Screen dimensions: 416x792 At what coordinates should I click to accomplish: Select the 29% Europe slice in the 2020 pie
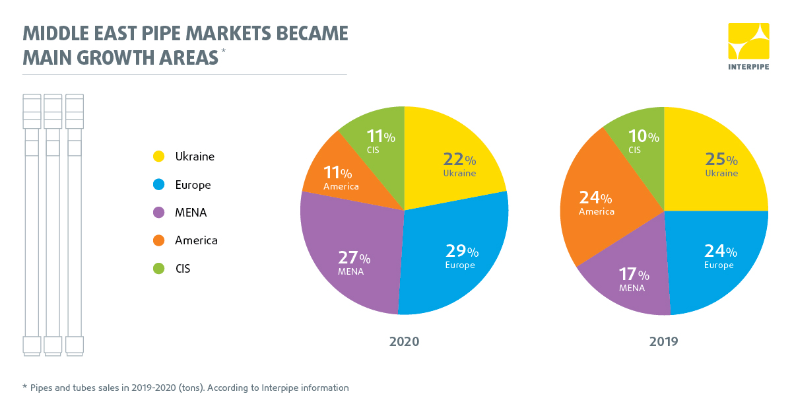pos(455,254)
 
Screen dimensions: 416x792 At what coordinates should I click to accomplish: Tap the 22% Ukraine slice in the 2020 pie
pos(455,165)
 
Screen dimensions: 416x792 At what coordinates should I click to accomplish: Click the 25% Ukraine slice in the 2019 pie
pos(716,165)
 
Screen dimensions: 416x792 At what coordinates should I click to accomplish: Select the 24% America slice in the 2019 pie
pos(597,201)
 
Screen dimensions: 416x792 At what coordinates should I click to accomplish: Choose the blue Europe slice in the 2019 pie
pos(716,258)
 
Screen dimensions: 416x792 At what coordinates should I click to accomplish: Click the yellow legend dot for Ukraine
pos(158,157)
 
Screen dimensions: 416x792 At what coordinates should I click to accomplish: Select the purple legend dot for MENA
pos(158,213)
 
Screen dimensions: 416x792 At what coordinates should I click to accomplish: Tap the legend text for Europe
pos(193,185)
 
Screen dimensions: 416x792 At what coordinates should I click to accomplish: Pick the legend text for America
pos(196,240)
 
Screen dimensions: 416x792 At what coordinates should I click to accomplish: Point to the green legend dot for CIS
pos(158,269)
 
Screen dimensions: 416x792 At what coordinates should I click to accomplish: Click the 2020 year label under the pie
pos(404,342)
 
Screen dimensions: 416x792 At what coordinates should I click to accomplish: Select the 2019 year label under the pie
pos(664,342)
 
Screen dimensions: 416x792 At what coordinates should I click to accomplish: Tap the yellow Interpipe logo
pos(748,41)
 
